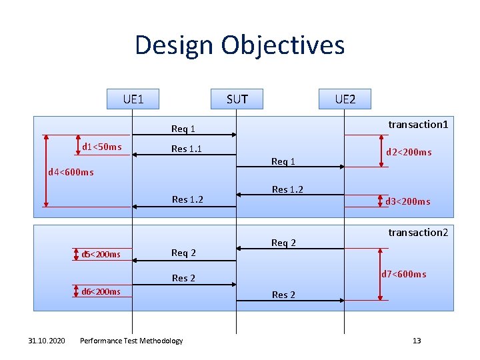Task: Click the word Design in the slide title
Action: tap(174, 45)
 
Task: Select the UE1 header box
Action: tap(133, 99)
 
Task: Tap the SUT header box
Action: tap(237, 99)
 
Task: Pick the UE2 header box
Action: tap(345, 99)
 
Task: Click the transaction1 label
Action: tap(418, 125)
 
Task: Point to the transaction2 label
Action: tap(418, 233)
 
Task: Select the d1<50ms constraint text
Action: tap(101, 147)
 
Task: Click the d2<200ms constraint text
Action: tap(409, 153)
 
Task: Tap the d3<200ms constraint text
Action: tap(407, 201)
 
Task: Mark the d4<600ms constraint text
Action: tap(71, 173)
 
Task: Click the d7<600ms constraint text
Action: tap(403, 274)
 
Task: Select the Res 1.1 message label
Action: tap(187, 149)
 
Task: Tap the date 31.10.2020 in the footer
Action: tap(47, 341)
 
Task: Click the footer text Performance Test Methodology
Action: tap(131, 341)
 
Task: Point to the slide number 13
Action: tap(417, 341)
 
